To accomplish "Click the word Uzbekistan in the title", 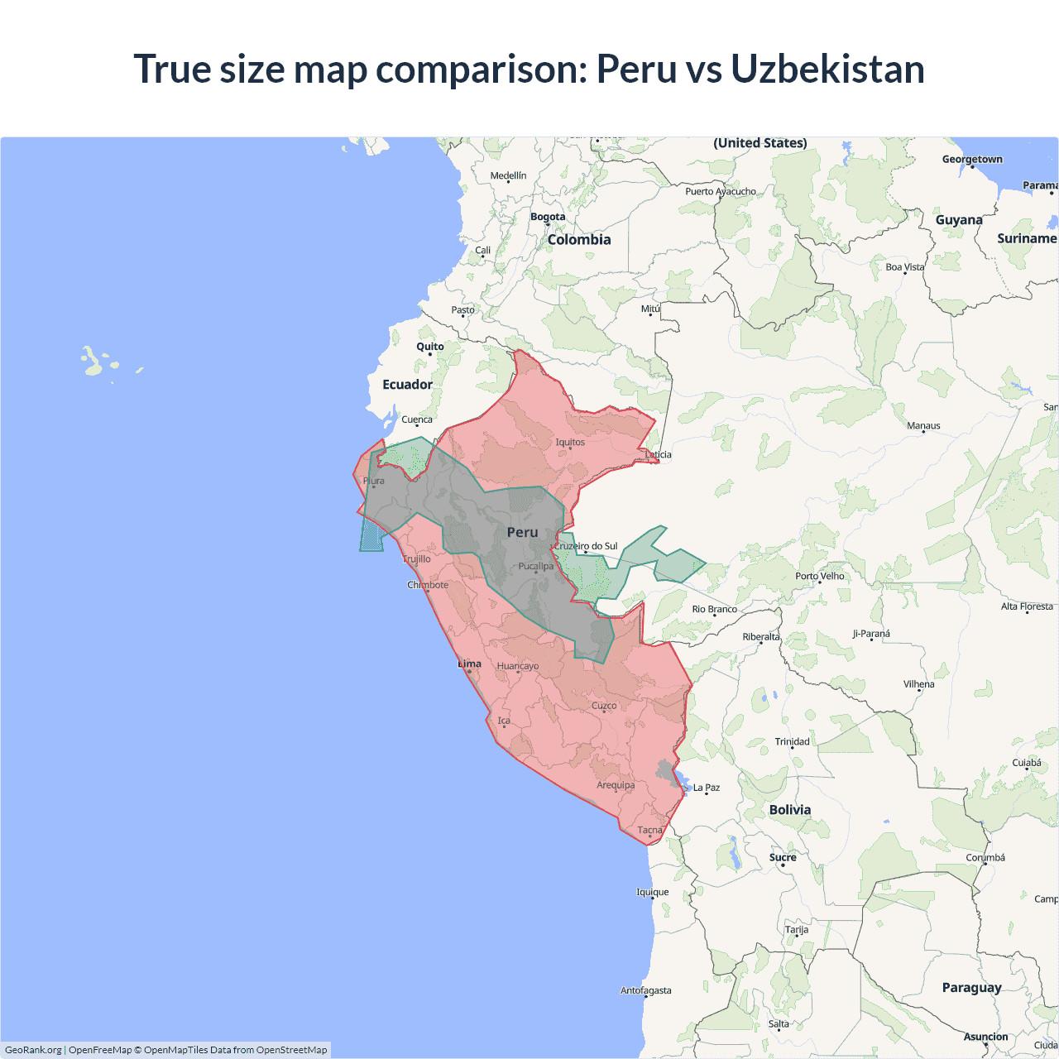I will point(827,69).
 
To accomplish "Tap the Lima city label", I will point(470,664).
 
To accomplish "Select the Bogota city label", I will point(548,217).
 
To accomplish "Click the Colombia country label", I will point(579,240).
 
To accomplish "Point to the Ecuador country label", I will point(407,385).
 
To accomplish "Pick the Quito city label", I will point(430,347).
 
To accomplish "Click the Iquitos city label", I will point(570,442).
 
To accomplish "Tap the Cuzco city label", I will point(604,706).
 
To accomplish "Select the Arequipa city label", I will point(616,785).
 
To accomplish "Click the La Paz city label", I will point(707,788).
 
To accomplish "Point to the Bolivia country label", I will point(790,810).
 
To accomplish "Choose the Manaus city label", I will point(923,426).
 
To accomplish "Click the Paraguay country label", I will point(971,988).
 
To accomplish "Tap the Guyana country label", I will point(959,220).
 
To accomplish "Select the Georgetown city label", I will point(972,159).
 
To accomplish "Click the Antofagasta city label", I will point(646,990).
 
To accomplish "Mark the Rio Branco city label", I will point(715,609).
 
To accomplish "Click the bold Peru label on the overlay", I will point(522,533).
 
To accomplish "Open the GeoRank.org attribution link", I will point(33,1050).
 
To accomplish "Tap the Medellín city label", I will point(508,175).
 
